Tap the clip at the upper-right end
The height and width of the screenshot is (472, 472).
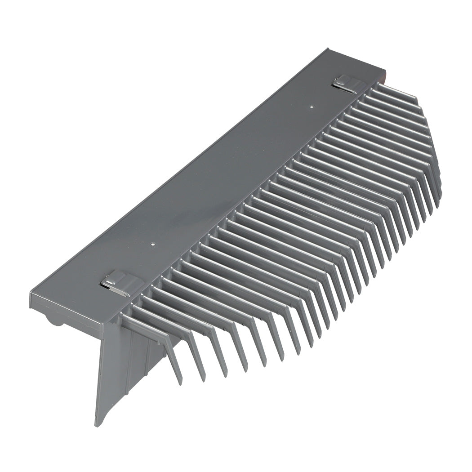point(349,84)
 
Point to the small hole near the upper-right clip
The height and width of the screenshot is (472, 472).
point(312,107)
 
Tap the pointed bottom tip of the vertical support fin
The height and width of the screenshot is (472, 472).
point(97,423)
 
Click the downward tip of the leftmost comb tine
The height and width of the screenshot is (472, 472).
point(179,383)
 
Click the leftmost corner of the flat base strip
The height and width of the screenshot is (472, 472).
point(31,294)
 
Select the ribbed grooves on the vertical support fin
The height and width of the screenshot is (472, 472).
point(135,355)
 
